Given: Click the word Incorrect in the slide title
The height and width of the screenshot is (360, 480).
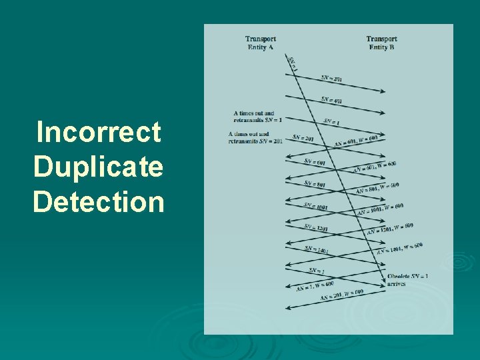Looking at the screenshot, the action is coord(98,132).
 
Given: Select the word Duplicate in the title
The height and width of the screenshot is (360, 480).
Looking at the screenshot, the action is coord(98,167).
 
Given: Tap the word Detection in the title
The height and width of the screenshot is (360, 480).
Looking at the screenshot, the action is coord(98,201).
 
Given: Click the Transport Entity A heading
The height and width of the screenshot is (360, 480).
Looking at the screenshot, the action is coord(261,43).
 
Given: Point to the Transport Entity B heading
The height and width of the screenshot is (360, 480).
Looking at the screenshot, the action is coord(381,43).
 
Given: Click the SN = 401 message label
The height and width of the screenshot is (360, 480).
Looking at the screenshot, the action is coord(331,101).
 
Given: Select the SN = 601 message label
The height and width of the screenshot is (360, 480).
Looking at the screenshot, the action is coord(315,162).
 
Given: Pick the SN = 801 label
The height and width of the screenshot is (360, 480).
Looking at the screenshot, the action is coord(315,183).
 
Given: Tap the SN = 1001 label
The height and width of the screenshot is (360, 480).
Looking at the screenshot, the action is coord(317,205).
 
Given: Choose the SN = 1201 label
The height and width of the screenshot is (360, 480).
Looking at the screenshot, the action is coord(317,227).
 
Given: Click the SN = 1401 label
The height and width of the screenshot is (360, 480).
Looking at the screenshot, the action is coord(317,249).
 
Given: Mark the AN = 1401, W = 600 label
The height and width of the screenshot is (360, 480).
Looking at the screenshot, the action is coord(399,249).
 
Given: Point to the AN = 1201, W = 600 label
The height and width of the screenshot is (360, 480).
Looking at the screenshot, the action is coord(390,229).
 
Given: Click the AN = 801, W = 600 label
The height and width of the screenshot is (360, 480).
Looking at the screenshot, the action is coord(377,188).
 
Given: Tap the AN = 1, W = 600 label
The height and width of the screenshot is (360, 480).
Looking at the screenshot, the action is coord(315,286).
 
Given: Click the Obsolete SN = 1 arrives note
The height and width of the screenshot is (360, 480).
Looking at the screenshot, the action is coord(407,280).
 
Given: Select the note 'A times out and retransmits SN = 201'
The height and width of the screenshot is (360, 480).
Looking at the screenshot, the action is coord(255,137).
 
